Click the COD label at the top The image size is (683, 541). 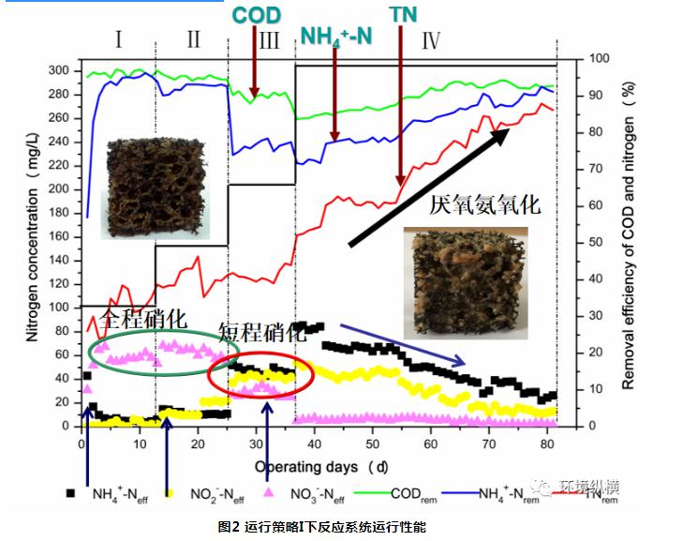[x=255, y=16]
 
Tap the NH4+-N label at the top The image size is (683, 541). [x=334, y=37]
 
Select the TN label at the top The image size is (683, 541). [x=403, y=16]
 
